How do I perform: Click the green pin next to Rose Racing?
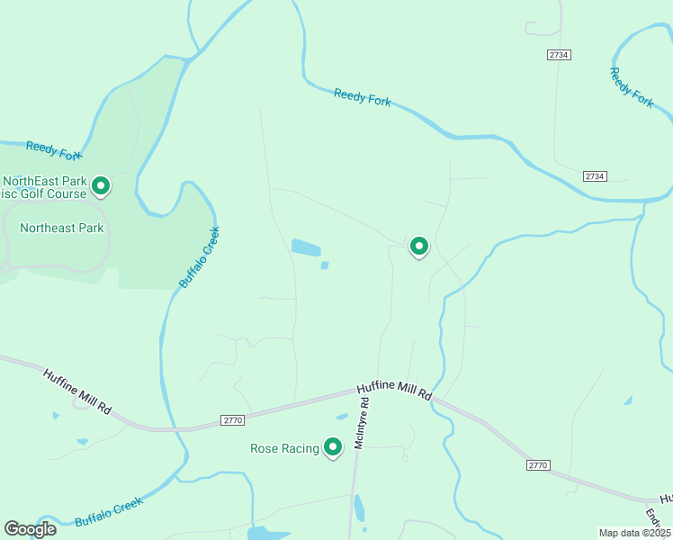coord(333,446)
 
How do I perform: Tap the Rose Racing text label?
coord(284,448)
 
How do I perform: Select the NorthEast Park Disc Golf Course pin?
coord(101,185)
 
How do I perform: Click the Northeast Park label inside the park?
coord(62,228)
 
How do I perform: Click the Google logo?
coord(30,528)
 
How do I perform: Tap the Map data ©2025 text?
coord(634,533)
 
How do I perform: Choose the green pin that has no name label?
coord(418,245)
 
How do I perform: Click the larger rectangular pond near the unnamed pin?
coord(306,247)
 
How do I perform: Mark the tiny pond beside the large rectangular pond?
coord(325,265)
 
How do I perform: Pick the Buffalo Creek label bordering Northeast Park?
coord(199,257)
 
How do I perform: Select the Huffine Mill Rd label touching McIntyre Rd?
coord(394,391)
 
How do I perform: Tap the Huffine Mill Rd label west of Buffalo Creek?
coord(76,390)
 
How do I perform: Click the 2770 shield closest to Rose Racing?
coord(232,419)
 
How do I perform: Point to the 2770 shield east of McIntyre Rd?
coord(537,464)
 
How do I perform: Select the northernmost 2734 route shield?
coord(558,55)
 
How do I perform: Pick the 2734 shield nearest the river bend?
coord(594,175)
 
